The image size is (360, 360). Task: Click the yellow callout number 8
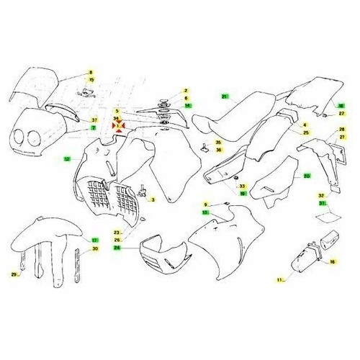[x=91, y=73]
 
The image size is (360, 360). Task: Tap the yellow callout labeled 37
[x=94, y=119]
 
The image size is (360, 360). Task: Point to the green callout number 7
[x=93, y=127]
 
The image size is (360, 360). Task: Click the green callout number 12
[x=67, y=158]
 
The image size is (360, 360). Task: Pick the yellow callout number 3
[x=153, y=200]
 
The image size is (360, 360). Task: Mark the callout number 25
[x=305, y=133]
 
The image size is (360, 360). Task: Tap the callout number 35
[x=217, y=143]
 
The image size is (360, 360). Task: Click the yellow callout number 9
[x=204, y=205]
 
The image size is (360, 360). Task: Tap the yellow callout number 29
[x=13, y=274]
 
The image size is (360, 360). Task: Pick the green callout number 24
[x=117, y=247]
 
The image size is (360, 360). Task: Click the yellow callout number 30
[x=94, y=249]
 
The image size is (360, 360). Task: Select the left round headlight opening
[x=23, y=138]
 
